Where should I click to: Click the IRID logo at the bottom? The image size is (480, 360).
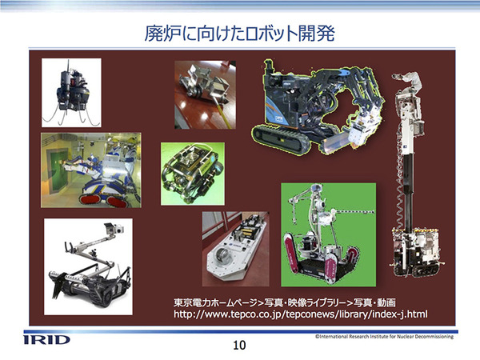(x=47, y=340)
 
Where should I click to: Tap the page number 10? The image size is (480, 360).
(x=239, y=346)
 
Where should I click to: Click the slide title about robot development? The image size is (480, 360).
(x=239, y=33)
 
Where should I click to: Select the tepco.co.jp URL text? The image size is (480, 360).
(x=301, y=314)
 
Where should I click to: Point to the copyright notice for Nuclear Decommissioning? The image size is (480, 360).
(x=384, y=337)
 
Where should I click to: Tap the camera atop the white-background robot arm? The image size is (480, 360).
(x=114, y=228)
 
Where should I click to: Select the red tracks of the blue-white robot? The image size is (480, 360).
(x=103, y=200)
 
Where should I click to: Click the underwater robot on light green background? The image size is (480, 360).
(x=192, y=174)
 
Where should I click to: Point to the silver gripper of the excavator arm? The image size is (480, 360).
(x=362, y=134)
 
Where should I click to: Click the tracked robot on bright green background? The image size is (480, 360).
(x=327, y=234)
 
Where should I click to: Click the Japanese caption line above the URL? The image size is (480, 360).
(x=284, y=302)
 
